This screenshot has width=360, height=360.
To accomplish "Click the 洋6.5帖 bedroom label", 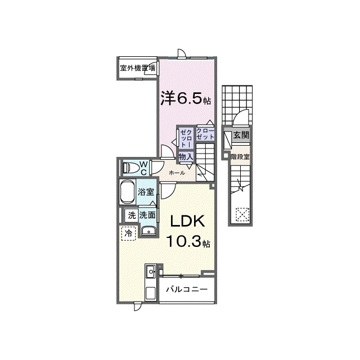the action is pyautogui.click(x=186, y=98).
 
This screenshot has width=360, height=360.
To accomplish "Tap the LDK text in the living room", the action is pyautogui.click(x=187, y=222).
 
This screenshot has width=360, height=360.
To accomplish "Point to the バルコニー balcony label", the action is pyautogui.click(x=187, y=289).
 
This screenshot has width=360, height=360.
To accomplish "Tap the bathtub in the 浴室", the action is pyautogui.click(x=127, y=192).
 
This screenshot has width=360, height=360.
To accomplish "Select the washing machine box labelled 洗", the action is pyautogui.click(x=131, y=215).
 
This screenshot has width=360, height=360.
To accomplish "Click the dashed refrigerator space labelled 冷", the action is pyautogui.click(x=129, y=234).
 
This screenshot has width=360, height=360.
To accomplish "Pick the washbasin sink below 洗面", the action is pyautogui.click(x=148, y=231).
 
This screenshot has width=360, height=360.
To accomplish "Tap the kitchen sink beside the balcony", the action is pyautogui.click(x=151, y=273).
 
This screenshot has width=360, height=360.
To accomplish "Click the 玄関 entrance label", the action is pyautogui.click(x=241, y=135).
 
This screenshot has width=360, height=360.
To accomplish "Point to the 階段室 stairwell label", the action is pyautogui.click(x=240, y=157).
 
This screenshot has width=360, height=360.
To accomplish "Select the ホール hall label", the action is pyautogui.click(x=177, y=173).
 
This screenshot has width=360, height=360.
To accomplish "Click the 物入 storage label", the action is pyautogui.click(x=186, y=157).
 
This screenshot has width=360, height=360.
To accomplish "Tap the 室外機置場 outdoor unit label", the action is pyautogui.click(x=137, y=68).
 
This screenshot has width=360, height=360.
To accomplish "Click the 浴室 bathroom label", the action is pyautogui.click(x=146, y=192).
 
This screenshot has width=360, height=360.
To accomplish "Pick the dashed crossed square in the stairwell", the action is pyautogui.click(x=242, y=214).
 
